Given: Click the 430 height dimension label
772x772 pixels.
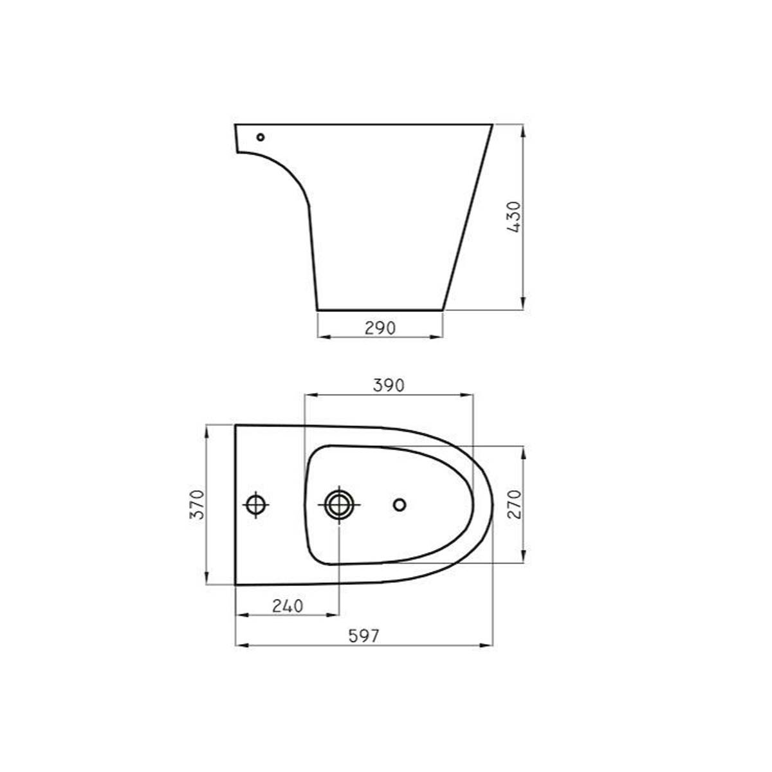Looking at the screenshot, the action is pyautogui.click(x=514, y=217).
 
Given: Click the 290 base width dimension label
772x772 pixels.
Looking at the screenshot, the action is pyautogui.click(x=380, y=328).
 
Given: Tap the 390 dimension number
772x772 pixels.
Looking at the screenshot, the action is pyautogui.click(x=389, y=385).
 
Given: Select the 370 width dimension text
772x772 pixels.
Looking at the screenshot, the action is pyautogui.click(x=197, y=504).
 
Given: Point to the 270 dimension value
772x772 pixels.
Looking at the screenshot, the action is pyautogui.click(x=515, y=504).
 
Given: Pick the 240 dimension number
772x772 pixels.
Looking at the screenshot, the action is pyautogui.click(x=288, y=606).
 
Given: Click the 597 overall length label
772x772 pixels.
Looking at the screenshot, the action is pyautogui.click(x=363, y=636).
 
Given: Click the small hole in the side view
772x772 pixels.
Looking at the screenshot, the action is pyautogui.click(x=261, y=138).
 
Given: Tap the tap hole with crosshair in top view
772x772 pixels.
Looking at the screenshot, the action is pyautogui.click(x=255, y=505).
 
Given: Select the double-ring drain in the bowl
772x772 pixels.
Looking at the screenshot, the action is pyautogui.click(x=339, y=505).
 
